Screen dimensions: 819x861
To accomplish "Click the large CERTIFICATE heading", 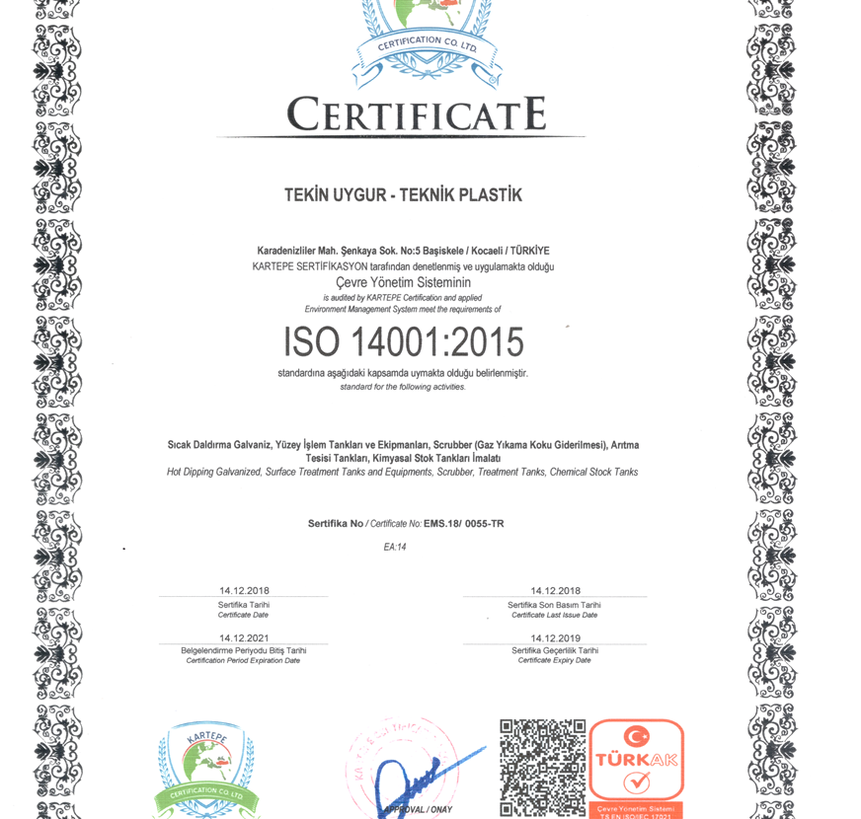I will coord(416,114).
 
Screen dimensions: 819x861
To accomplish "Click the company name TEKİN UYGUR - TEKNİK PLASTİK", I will coord(403,195).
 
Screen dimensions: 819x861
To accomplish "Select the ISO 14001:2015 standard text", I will coord(403,341).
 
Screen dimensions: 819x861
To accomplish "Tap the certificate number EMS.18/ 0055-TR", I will coord(470,524).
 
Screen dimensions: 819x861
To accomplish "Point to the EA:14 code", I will coord(395,547).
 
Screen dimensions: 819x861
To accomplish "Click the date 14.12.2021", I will coord(244,638).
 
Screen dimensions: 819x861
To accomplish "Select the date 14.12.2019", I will coord(555,638).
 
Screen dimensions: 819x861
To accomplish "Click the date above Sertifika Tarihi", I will coord(244,591).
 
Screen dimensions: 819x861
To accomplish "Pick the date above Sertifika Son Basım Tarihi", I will coord(555,591).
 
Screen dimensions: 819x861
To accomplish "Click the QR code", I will coord(542,768).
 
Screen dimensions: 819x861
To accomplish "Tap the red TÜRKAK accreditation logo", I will coord(637,765).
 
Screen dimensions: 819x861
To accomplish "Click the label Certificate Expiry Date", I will coord(554,660).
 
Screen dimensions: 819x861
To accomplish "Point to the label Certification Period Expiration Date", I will coord(243,660).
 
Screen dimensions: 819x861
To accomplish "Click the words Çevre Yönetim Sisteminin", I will coord(403,282).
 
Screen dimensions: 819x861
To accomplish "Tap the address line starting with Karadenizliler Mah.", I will coord(403,251).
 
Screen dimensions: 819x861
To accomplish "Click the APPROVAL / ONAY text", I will coord(419,809).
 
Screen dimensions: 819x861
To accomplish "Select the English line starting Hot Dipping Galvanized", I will coord(402,473).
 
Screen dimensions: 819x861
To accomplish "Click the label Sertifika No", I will coord(336,524).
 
